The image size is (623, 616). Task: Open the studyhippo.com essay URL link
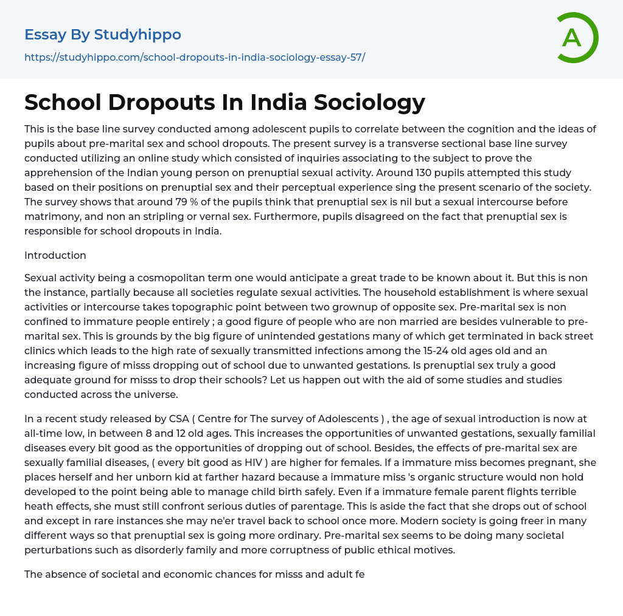pyautogui.click(x=195, y=57)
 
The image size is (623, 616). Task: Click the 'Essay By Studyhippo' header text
pyautogui.click(x=103, y=35)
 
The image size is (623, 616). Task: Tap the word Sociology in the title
pyautogui.click(x=369, y=102)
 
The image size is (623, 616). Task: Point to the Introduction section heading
pyautogui.click(x=55, y=255)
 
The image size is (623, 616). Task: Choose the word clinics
pyautogui.click(x=41, y=351)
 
